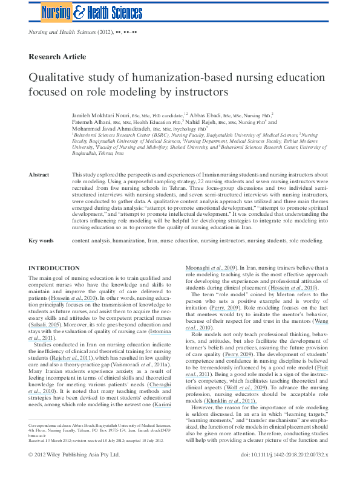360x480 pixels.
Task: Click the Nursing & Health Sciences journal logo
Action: pos(92,11)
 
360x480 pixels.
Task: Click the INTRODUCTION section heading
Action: pos(59,268)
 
